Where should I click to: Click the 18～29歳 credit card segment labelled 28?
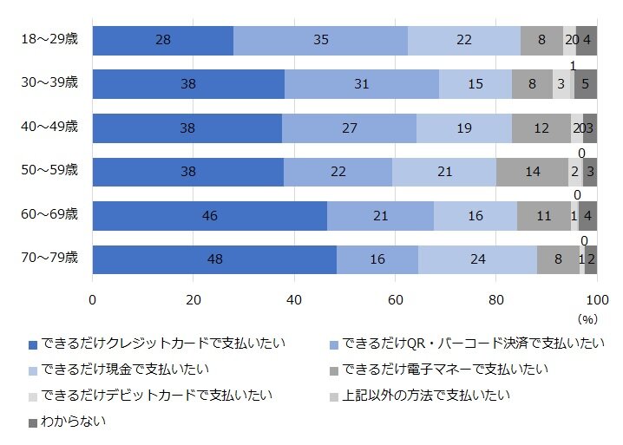click(163, 40)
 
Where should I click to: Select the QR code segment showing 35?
click(320, 40)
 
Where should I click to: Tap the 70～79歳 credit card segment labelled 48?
click(214, 259)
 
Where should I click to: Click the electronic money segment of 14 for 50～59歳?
click(532, 172)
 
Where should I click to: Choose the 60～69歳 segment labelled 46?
click(209, 216)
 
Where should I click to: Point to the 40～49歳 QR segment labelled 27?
click(350, 128)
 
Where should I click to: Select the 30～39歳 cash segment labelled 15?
click(475, 84)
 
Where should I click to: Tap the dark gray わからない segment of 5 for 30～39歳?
click(586, 84)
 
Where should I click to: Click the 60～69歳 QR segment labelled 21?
click(380, 216)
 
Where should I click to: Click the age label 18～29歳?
click(49, 39)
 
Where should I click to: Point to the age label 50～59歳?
click(49, 171)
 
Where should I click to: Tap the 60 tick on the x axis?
click(395, 299)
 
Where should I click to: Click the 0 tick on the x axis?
click(93, 299)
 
